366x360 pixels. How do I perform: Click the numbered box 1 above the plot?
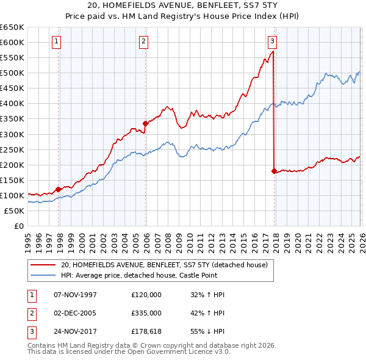(x=56, y=41)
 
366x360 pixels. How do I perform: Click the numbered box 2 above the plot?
(x=143, y=41)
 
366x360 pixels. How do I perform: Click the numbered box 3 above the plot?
(x=272, y=41)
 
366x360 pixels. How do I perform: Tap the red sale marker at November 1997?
(x=59, y=189)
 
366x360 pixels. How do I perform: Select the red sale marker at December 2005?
(x=145, y=123)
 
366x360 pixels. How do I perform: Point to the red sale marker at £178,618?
(x=274, y=171)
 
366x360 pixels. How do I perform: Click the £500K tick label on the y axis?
(x=12, y=73)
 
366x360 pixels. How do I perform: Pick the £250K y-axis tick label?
(x=12, y=149)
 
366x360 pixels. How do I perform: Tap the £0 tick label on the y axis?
(x=18, y=226)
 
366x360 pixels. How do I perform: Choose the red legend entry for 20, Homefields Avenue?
(x=163, y=265)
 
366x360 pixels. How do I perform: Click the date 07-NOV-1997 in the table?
(x=75, y=294)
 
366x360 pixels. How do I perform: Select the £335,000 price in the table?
(x=146, y=313)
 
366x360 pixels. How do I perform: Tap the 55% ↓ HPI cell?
(x=207, y=332)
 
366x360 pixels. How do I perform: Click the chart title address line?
(x=182, y=5)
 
